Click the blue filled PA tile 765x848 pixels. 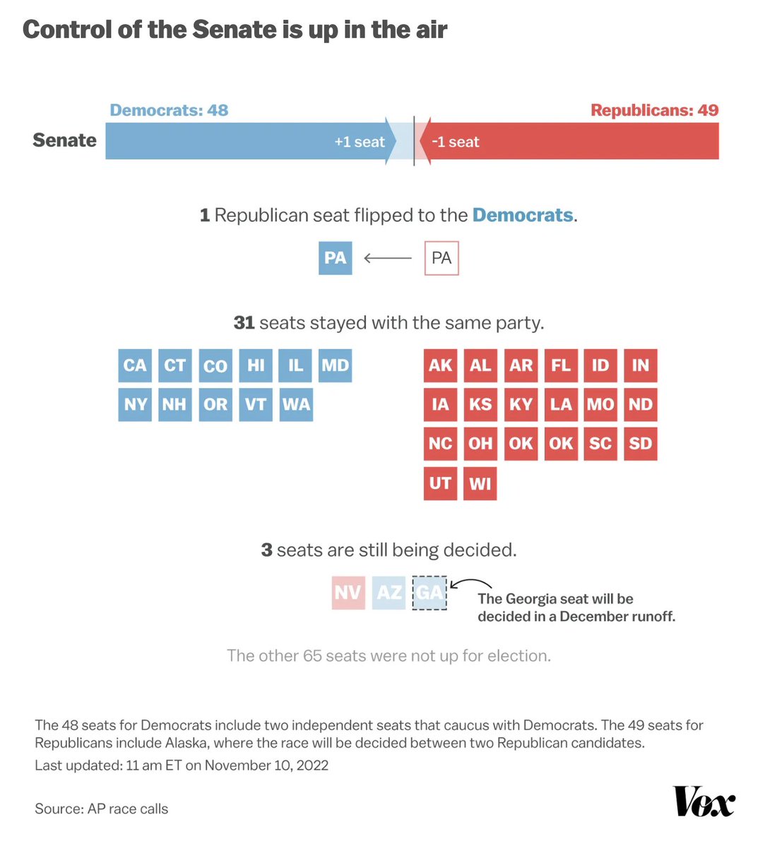[335, 258]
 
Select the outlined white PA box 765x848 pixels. [441, 258]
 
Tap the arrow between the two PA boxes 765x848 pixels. [388, 258]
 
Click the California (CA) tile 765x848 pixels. [135, 365]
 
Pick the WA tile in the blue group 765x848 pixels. [296, 404]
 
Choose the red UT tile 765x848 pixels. [440, 483]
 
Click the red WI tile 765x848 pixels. [480, 483]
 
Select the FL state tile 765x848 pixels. [561, 365]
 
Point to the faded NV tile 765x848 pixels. [348, 592]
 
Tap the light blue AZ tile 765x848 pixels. [389, 592]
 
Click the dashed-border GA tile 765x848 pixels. [429, 592]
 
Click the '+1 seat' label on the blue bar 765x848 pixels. [360, 142]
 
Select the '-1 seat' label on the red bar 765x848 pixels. [456, 142]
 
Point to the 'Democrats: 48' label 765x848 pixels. [169, 110]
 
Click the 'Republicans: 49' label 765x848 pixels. [654, 110]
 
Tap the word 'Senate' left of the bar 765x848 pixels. [64, 140]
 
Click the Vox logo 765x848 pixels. [704, 801]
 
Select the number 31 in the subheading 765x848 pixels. [244, 323]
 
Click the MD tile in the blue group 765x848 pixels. [336, 365]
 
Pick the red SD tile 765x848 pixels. [641, 444]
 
